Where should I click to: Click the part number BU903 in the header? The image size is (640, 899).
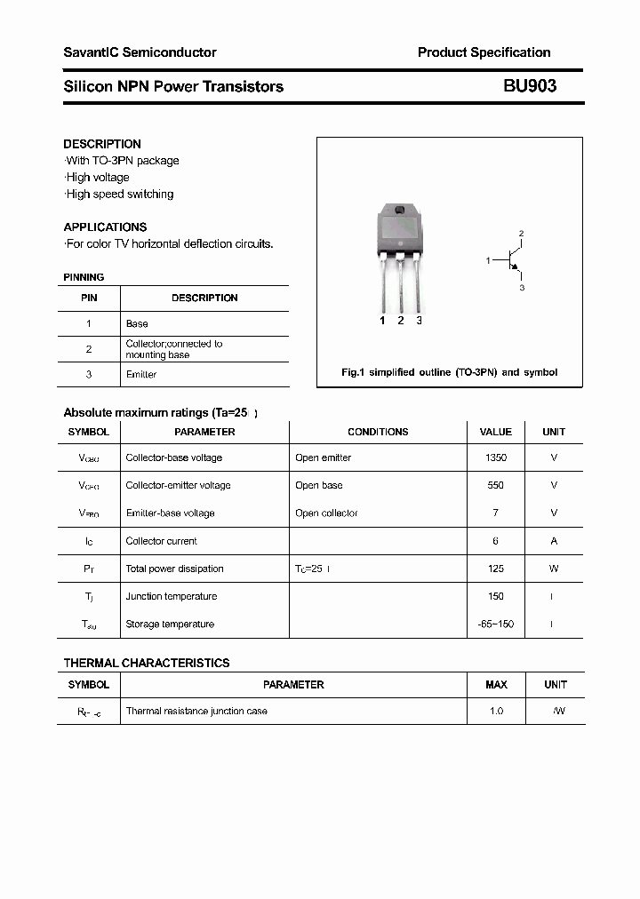(x=530, y=86)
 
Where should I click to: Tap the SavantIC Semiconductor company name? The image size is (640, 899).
(x=140, y=52)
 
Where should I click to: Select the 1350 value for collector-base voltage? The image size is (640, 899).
(x=496, y=457)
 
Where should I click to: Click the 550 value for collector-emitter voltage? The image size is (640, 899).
(x=496, y=485)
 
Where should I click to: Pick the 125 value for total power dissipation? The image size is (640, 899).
(x=496, y=569)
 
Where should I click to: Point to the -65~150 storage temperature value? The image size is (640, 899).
(x=496, y=624)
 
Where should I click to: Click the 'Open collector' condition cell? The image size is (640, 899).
(x=326, y=513)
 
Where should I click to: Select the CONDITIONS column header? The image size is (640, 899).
(x=378, y=432)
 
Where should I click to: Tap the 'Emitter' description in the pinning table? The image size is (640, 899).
(x=141, y=374)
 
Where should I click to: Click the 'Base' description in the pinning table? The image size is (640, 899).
(x=137, y=323)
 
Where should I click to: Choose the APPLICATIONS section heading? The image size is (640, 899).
(x=105, y=227)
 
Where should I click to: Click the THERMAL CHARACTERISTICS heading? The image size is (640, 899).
(x=147, y=663)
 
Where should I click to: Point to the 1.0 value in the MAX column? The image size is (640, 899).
(x=496, y=711)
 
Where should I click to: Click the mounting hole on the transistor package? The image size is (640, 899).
(x=399, y=211)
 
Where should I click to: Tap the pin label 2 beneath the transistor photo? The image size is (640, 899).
(x=401, y=321)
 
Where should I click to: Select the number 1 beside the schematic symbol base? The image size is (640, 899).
(x=488, y=260)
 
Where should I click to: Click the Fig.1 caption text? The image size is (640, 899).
(x=449, y=372)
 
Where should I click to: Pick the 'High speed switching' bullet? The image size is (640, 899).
(x=119, y=194)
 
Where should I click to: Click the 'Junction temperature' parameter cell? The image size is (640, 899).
(x=172, y=596)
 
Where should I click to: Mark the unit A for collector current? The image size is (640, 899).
(x=554, y=540)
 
